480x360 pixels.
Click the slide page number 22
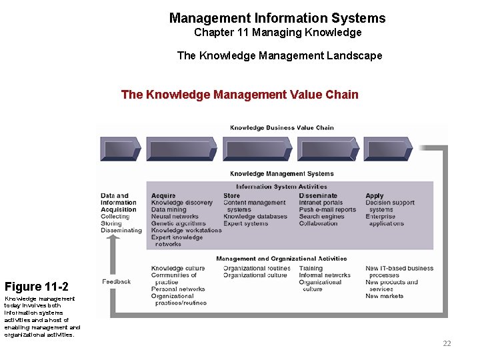[447, 343]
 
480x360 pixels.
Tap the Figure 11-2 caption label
[36, 287]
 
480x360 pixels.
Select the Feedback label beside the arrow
[117, 281]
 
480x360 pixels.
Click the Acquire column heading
[163, 196]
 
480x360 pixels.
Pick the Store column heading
[231, 196]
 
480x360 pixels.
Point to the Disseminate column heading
[318, 196]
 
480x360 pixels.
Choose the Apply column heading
[375, 196]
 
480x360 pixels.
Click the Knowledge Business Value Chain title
[282, 127]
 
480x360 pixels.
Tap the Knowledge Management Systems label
[282, 174]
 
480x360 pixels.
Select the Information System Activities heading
[281, 187]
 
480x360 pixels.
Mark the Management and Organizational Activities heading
[281, 259]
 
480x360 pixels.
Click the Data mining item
[168, 210]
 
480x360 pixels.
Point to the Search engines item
[321, 217]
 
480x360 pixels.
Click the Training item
[311, 269]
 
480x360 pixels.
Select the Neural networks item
[175, 217]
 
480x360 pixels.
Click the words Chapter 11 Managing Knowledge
[277, 33]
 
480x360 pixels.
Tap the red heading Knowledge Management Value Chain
[240, 95]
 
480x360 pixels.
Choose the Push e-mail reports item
[327, 210]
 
